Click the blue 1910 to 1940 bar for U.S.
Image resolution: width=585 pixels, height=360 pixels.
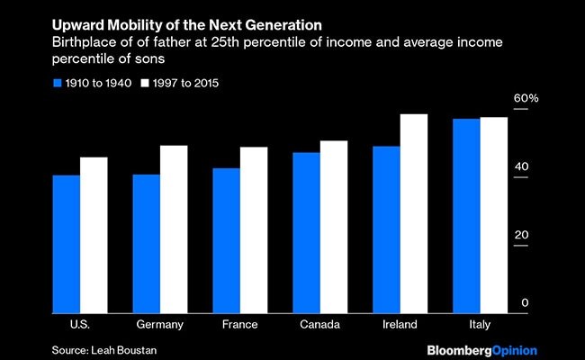click(66, 243)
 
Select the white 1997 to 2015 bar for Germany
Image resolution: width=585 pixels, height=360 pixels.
click(174, 229)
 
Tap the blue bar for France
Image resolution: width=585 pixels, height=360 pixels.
click(226, 239)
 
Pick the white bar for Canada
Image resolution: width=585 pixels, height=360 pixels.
click(334, 226)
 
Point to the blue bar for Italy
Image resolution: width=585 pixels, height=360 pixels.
click(467, 215)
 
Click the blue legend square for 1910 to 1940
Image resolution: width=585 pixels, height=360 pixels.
click(58, 84)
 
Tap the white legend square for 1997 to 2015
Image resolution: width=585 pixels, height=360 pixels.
click(145, 84)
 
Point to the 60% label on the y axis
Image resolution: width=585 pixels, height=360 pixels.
click(526, 98)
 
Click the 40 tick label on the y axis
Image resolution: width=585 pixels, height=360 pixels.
click(522, 167)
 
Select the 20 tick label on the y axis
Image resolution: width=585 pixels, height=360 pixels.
click(522, 236)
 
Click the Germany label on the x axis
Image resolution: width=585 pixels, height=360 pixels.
click(160, 324)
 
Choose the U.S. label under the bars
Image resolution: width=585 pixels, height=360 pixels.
click(66, 324)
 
